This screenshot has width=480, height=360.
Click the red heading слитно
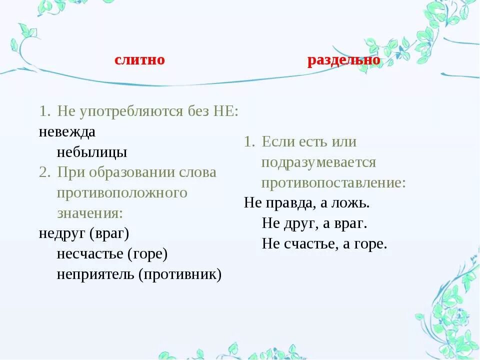coord(139,60)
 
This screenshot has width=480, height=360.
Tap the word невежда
coord(67,132)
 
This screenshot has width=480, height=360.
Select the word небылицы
coord(92,152)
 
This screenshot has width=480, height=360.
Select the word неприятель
coord(94,274)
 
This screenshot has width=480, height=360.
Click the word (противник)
coord(179,274)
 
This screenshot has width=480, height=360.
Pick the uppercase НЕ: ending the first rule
coord(226,111)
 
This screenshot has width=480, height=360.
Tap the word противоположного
coord(122,192)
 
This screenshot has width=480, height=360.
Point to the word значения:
coord(90,212)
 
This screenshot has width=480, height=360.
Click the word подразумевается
coord(318,162)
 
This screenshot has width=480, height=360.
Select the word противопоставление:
coord(333,182)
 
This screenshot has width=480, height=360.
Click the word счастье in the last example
coord(304,243)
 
